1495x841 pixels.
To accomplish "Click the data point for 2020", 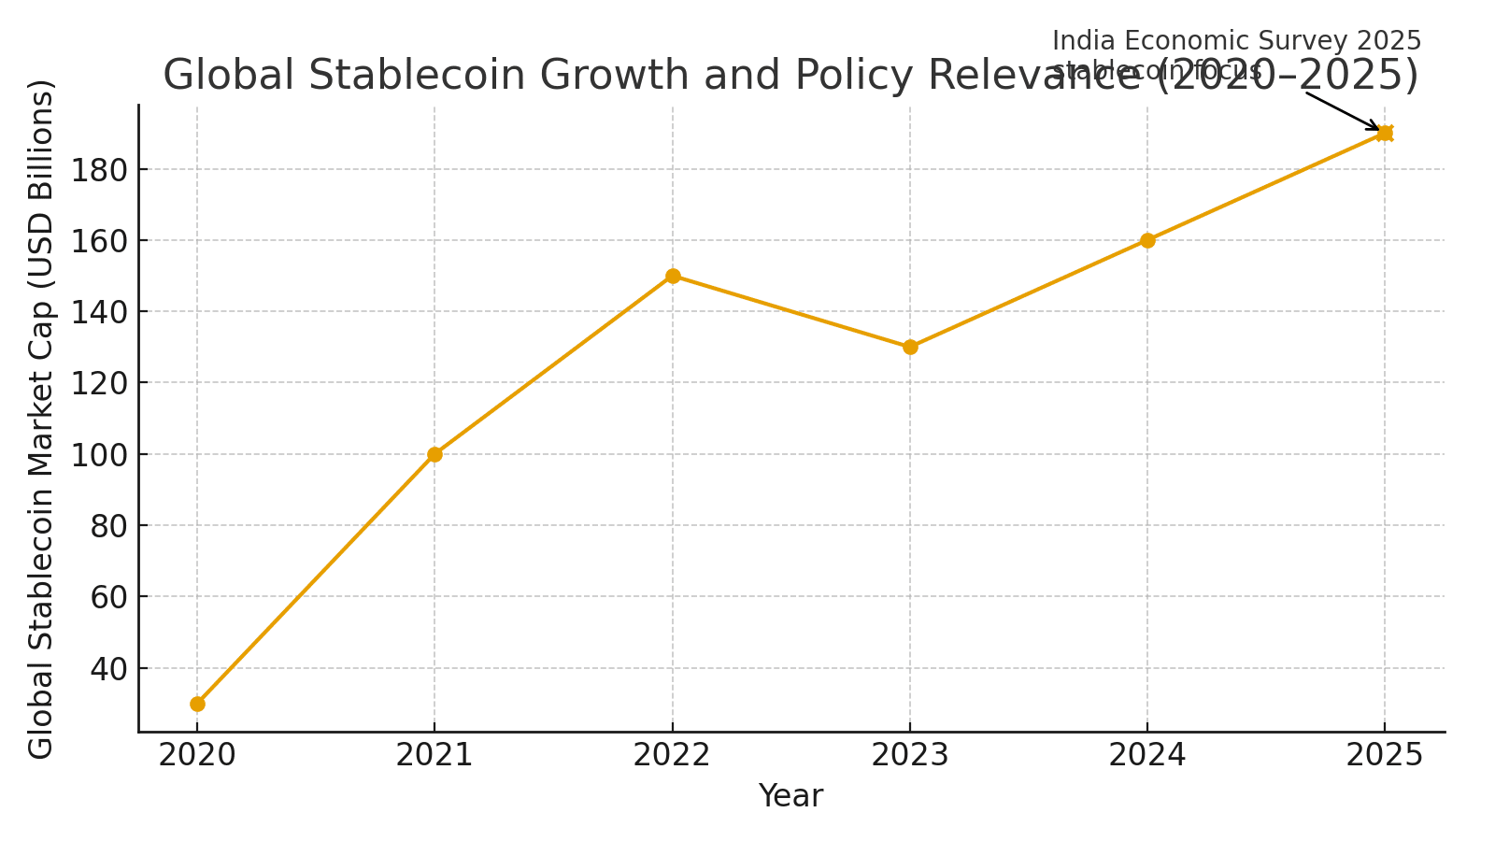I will tap(197, 704).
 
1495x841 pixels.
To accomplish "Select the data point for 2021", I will tap(434, 454).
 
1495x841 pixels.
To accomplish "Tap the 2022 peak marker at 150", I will tap(673, 276).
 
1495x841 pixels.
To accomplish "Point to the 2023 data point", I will tap(910, 347).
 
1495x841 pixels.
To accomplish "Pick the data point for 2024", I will tap(1147, 240).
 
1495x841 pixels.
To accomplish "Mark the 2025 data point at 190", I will tap(1385, 133).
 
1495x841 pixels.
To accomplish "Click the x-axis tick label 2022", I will tap(673, 755).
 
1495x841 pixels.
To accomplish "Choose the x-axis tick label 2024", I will tap(1147, 755).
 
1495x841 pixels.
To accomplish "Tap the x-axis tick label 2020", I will tap(197, 755).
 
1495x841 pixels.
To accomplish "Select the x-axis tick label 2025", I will tap(1385, 755).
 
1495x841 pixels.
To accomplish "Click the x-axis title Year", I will tap(790, 796).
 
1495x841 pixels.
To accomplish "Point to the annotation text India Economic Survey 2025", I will tap(1236, 41).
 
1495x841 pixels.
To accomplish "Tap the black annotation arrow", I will tap(1342, 111).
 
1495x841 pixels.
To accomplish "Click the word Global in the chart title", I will tap(230, 76).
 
